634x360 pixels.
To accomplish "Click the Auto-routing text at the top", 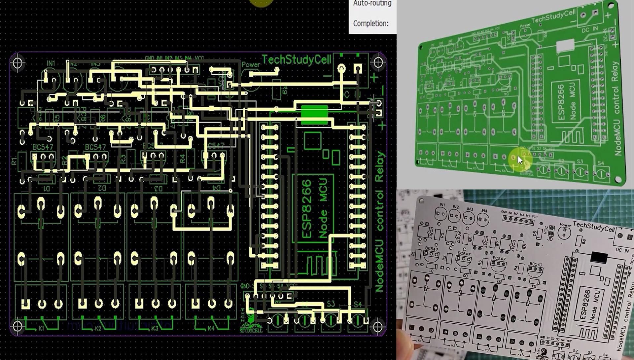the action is [372, 4].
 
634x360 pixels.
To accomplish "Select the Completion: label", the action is [370, 23].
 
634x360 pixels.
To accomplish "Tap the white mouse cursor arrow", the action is [520, 160].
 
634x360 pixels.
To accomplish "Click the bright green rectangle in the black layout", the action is [314, 115].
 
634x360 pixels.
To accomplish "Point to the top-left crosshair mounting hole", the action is [18, 63].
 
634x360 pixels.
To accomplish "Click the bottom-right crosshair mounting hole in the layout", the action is [378, 326].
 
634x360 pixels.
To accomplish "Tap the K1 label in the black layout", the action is [42, 328].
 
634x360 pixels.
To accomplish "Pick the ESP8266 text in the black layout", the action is [307, 208].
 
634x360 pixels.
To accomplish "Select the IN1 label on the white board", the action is [442, 205].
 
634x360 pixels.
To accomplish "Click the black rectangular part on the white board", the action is [599, 257].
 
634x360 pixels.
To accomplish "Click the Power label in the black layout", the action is [251, 64].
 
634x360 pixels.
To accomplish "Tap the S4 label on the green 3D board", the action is [600, 163].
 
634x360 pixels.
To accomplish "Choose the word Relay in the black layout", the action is [380, 166].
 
